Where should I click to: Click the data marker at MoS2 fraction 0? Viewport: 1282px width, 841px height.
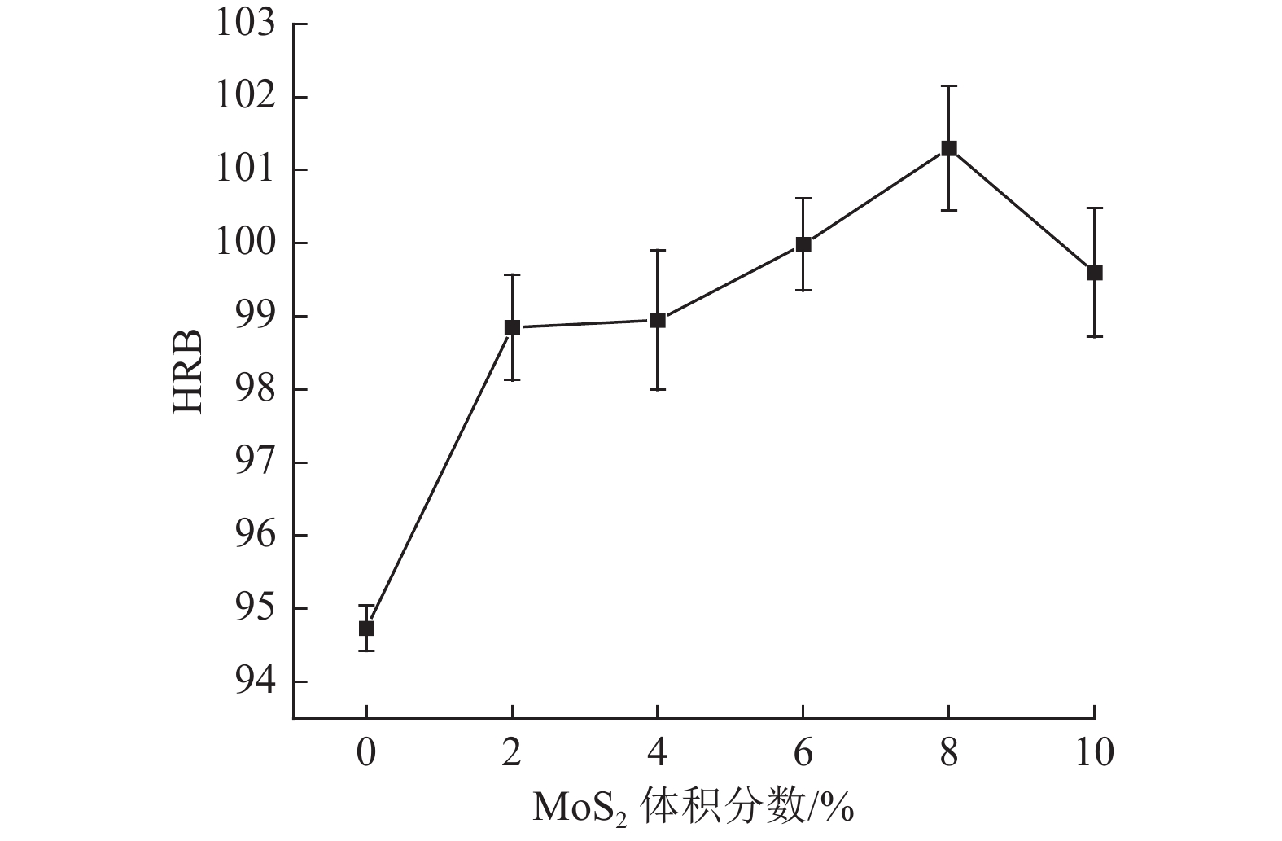point(366,628)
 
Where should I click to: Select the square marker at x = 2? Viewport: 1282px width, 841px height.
point(512,327)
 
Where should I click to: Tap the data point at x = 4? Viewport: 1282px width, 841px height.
point(658,320)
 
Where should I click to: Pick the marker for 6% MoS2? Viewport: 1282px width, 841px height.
point(803,244)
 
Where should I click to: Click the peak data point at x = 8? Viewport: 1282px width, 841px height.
point(949,148)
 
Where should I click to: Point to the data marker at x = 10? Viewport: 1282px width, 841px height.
point(1095,273)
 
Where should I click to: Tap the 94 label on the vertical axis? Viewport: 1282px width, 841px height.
point(256,681)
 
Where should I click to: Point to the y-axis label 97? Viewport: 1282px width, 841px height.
point(256,462)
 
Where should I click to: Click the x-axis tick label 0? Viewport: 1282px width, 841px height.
point(366,753)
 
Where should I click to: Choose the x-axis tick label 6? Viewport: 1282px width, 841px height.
point(803,753)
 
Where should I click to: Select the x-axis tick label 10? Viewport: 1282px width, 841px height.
point(1094,753)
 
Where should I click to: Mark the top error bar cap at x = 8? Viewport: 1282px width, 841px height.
point(949,85)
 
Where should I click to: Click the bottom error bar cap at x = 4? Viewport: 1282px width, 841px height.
point(658,389)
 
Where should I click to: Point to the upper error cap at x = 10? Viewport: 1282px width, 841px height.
point(1095,208)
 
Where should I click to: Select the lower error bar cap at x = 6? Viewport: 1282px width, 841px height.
point(803,290)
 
